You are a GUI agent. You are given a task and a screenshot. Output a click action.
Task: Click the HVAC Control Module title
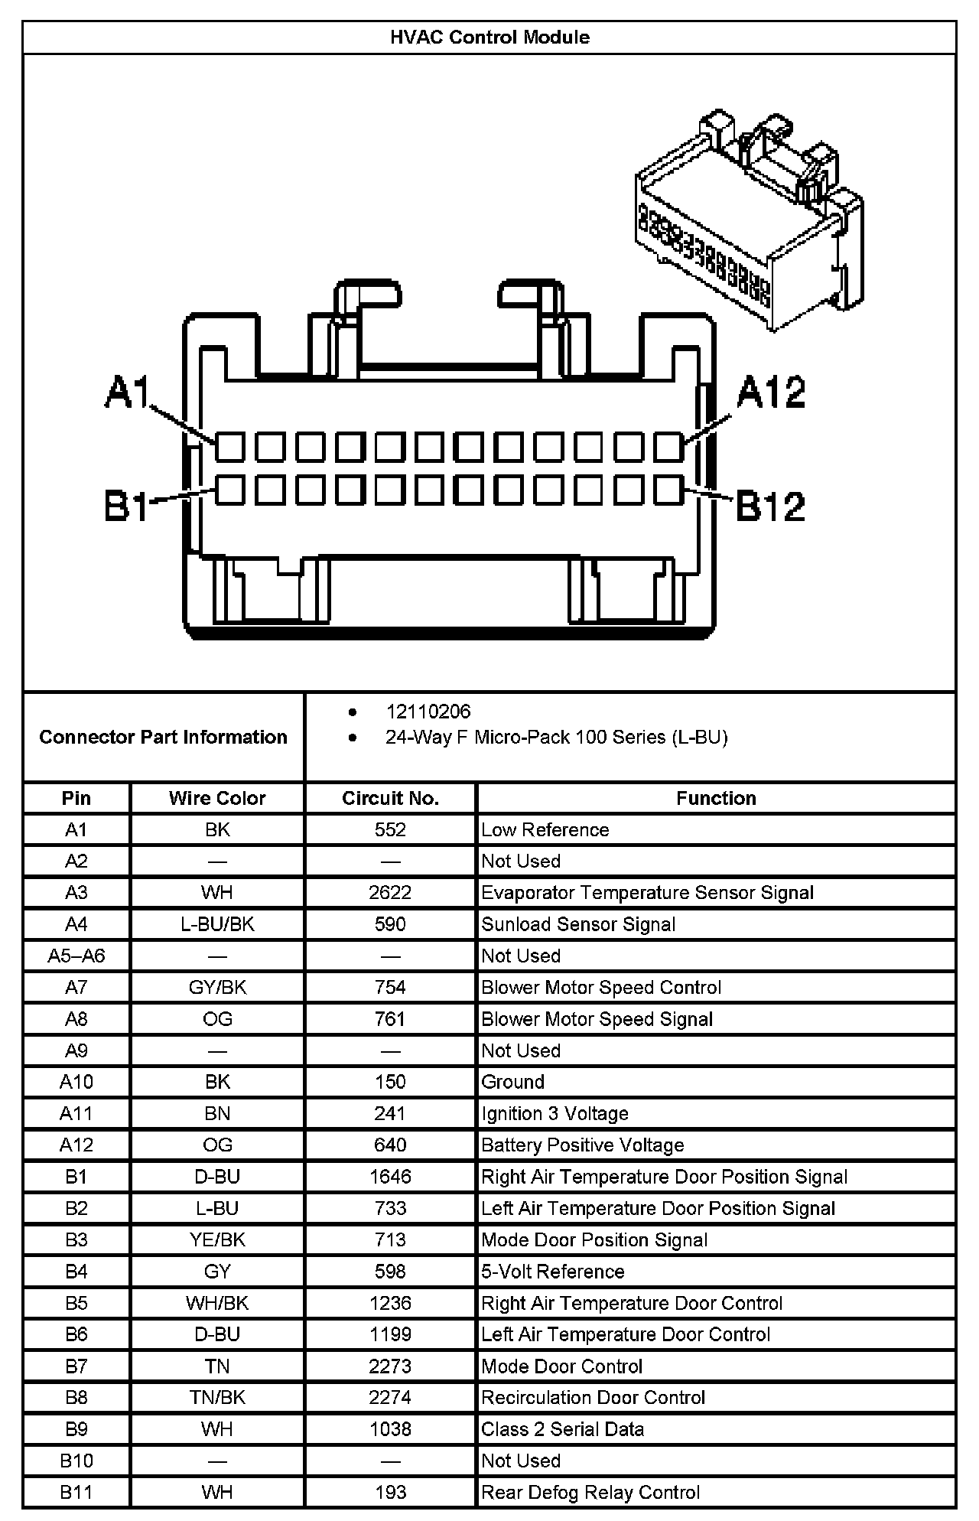[489, 37]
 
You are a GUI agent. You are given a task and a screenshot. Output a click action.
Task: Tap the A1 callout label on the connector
[127, 392]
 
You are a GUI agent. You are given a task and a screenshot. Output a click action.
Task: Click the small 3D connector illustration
[748, 219]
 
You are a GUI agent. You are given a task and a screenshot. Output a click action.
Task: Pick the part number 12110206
[428, 712]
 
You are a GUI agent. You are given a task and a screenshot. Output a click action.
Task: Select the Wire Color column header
[217, 798]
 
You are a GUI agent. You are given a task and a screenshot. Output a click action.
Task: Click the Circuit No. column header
[390, 798]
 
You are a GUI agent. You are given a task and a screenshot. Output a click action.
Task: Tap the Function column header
[716, 798]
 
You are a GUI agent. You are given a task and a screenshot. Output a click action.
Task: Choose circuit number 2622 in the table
[390, 892]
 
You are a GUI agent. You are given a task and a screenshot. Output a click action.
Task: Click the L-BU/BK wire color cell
[217, 924]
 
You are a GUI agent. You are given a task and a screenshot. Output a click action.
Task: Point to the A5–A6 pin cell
[76, 956]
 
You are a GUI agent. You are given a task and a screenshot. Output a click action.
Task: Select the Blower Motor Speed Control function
[601, 987]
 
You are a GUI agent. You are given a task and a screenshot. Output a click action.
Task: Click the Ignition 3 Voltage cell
[555, 1113]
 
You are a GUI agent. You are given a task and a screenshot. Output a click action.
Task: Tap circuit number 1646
[390, 1177]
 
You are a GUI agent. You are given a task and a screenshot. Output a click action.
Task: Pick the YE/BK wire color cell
[217, 1239]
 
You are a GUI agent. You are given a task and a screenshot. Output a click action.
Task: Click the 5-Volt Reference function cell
[552, 1272]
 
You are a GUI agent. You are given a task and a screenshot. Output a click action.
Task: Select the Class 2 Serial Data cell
[562, 1429]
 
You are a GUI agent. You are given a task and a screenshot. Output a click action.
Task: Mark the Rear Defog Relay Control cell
[590, 1492]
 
